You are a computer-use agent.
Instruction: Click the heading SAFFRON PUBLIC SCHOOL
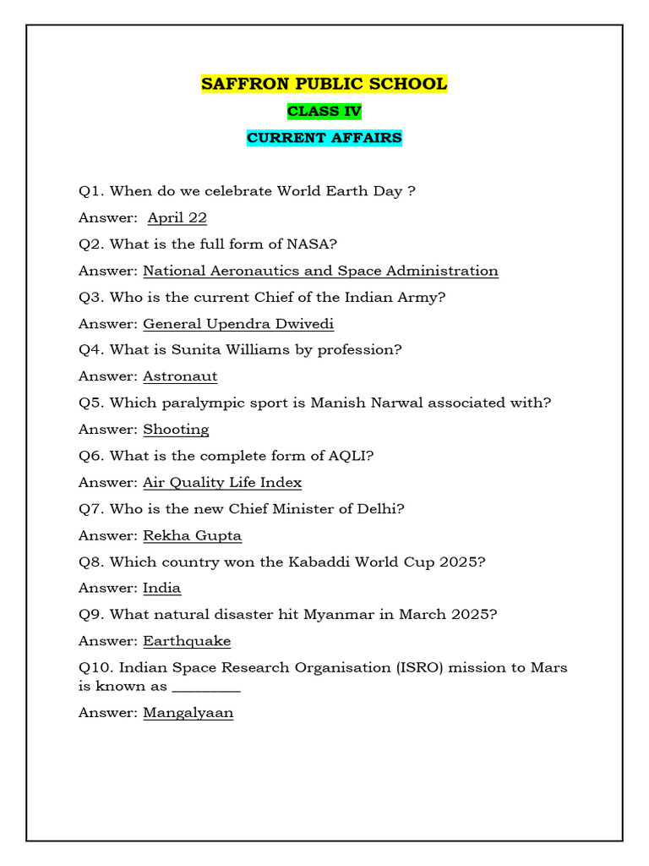(x=324, y=84)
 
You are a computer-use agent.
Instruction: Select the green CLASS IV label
(x=324, y=111)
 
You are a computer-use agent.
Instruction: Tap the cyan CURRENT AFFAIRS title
(x=324, y=137)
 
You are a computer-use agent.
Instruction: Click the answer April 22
(x=177, y=217)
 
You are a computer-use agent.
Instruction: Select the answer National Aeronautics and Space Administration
(x=320, y=271)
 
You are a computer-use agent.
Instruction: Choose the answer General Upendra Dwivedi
(x=238, y=323)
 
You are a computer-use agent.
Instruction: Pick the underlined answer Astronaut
(x=180, y=376)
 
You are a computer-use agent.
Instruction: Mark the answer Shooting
(x=176, y=429)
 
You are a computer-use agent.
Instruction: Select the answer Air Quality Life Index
(x=222, y=482)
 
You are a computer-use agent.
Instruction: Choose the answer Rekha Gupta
(x=192, y=535)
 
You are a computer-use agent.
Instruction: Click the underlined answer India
(x=161, y=588)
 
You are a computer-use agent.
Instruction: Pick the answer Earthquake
(x=187, y=641)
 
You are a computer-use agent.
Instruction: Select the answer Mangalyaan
(x=188, y=713)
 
